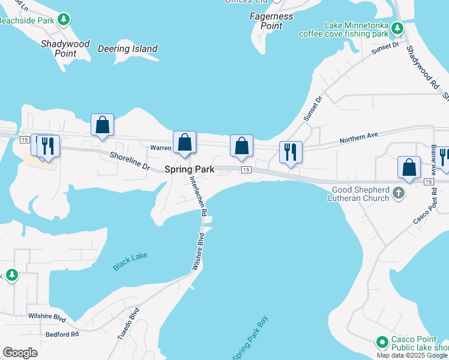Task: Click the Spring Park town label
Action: click(189, 170)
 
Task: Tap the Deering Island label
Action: click(127, 49)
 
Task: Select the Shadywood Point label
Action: click(65, 49)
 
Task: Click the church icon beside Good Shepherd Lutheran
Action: click(398, 193)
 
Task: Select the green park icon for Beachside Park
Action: click(63, 20)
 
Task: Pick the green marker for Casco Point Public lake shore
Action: click(381, 343)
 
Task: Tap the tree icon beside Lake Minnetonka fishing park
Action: click(397, 28)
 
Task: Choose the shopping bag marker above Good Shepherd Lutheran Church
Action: click(409, 167)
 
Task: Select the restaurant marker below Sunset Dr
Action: click(291, 152)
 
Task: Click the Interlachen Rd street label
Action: click(199, 196)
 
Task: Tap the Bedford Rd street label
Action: click(62, 334)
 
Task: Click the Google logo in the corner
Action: click(20, 353)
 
